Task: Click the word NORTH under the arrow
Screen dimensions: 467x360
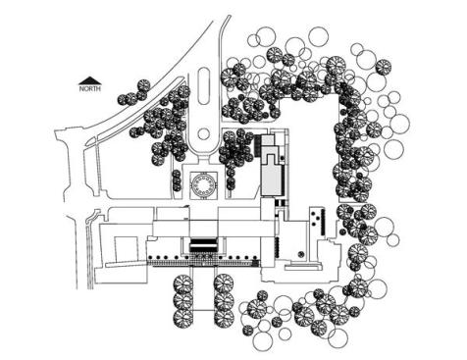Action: [x=90, y=88]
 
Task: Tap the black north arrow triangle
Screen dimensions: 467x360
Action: [x=90, y=80]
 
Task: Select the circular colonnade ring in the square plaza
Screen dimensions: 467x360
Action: [x=203, y=185]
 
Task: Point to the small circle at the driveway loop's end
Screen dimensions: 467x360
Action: [x=203, y=134]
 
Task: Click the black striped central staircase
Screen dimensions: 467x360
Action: [x=203, y=245]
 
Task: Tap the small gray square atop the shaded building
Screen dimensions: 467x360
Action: [x=268, y=140]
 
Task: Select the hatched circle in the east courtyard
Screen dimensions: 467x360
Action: [x=301, y=254]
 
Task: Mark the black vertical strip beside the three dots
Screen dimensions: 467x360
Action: [x=323, y=222]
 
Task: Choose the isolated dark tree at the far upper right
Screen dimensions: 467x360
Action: [x=383, y=67]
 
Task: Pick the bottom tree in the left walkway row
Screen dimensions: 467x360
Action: [x=183, y=318]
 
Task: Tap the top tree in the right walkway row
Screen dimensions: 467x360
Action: [x=224, y=283]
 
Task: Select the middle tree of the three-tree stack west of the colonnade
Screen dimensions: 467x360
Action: [x=177, y=180]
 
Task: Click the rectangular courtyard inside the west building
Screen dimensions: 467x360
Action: [x=126, y=249]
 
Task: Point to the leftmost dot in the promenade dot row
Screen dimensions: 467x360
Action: [x=150, y=257]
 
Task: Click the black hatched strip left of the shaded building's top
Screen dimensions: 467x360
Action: [x=258, y=145]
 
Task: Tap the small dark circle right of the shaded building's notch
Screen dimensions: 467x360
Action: [x=282, y=158]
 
